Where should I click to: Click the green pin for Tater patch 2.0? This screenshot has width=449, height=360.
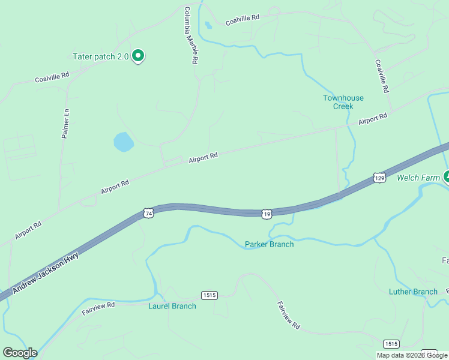138,56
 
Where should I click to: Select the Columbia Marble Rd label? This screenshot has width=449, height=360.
191,36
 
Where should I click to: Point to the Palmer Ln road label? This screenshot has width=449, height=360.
66,124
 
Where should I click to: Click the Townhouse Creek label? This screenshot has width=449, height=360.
343,102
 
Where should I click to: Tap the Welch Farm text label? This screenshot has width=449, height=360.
418,178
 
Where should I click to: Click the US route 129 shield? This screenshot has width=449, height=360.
379,178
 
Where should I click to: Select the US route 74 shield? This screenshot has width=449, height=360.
148,213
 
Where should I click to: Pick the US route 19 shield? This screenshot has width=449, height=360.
267,214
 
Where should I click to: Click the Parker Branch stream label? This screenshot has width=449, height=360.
270,244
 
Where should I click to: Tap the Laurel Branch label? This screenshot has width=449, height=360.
172,306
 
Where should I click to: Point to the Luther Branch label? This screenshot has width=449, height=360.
413,292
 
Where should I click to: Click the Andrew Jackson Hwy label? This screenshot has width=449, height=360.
46,272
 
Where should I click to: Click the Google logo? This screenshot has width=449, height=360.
20,353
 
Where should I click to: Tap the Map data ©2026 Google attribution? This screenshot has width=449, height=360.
412,355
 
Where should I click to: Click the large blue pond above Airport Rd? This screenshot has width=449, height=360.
123,142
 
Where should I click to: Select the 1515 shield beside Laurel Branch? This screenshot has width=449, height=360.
209,295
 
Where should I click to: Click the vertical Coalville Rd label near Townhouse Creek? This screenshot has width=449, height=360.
382,75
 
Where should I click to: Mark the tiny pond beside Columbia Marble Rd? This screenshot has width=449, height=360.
208,26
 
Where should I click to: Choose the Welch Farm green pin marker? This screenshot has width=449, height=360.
447,176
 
